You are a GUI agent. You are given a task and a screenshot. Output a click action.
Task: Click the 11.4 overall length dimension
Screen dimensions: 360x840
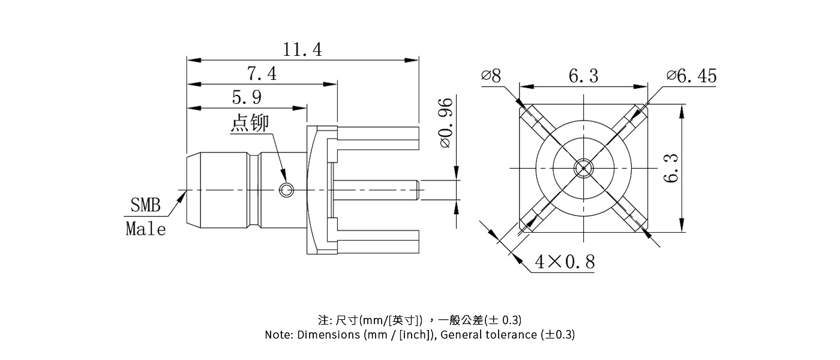coord(302,50)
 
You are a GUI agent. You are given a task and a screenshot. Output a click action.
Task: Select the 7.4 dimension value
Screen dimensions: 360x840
coord(262,74)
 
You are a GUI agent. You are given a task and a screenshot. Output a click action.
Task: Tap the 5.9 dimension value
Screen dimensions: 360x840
coord(247,97)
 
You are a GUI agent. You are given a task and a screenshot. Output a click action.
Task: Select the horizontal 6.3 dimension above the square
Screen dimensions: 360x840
coord(583,76)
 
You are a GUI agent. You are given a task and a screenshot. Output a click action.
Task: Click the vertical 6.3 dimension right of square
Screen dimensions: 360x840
coord(672,169)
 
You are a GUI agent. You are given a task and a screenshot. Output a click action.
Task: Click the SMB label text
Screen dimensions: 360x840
coord(146,206)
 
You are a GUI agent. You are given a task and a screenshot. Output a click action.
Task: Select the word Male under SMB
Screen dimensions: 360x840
coord(146,229)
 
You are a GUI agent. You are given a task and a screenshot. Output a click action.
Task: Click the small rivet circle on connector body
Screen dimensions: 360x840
coord(287,191)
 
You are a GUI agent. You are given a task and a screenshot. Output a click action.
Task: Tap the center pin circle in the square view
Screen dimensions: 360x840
coord(583,168)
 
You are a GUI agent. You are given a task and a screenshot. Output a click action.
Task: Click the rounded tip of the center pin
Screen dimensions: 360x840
coord(416,191)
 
